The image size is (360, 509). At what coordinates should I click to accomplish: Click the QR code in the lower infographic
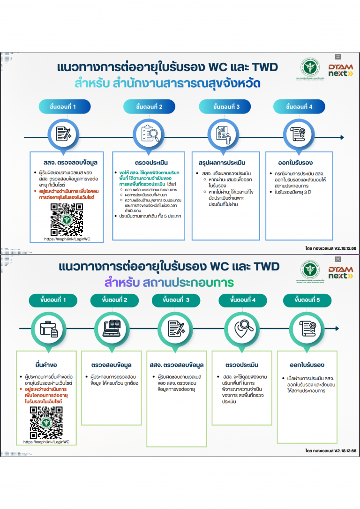[x=46, y=422]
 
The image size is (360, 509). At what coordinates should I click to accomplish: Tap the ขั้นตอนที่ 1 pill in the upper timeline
[x=63, y=107]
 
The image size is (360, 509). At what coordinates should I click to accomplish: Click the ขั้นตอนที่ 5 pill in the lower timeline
[x=307, y=300]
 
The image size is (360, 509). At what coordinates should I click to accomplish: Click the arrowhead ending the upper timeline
[x=342, y=138]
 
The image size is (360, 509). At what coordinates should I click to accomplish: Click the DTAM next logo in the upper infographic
[x=340, y=70]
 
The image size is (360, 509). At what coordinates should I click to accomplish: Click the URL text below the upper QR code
[x=67, y=239]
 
